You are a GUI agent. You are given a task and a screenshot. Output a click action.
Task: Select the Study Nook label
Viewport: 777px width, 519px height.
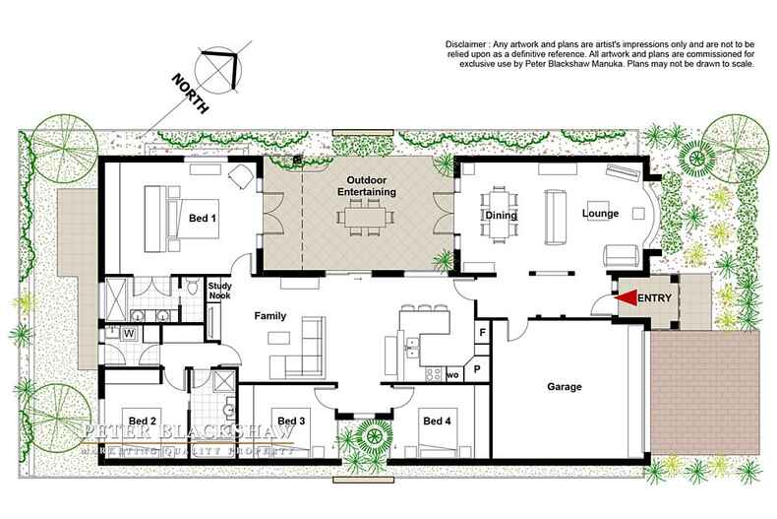[218, 290]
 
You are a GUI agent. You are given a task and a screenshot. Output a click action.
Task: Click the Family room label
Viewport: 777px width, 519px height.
[271, 317]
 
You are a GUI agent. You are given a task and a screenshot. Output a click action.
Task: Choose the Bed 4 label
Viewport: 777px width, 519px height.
[437, 422]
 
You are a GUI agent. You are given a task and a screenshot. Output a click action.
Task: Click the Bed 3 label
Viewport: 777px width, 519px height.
[291, 422]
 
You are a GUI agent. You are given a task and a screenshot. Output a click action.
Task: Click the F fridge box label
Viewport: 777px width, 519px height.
[482, 334]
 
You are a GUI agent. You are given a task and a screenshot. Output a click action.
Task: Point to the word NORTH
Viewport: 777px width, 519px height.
[186, 95]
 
